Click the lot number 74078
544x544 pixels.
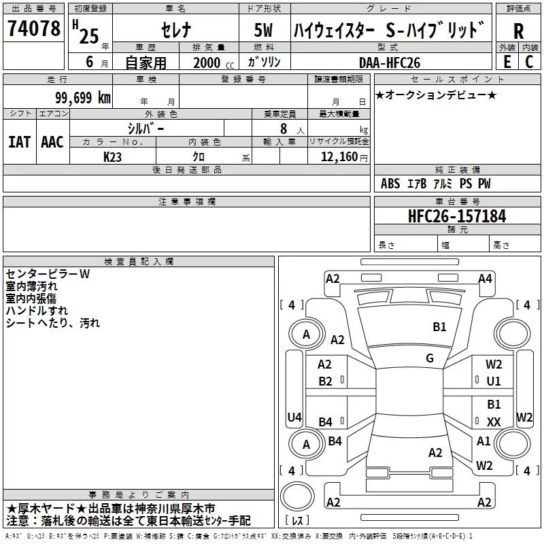click(33, 30)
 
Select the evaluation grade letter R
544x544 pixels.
click(518, 31)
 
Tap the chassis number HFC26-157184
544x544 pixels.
click(457, 216)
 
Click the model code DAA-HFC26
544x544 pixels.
click(390, 62)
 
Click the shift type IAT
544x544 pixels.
click(19, 141)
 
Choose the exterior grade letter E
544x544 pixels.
click(507, 62)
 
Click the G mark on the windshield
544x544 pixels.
click(430, 358)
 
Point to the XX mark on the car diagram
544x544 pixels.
click(494, 422)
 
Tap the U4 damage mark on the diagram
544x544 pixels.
click(294, 417)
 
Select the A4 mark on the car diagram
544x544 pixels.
click(485, 278)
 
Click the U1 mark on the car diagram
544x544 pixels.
click(494, 381)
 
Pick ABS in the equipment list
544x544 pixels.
click(390, 184)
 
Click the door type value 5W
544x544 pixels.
click(263, 31)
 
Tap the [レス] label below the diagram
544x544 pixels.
click(299, 521)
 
